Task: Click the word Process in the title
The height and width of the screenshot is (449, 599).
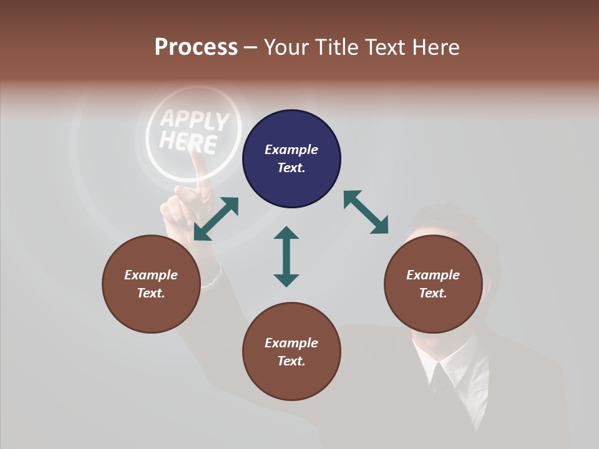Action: click(196, 47)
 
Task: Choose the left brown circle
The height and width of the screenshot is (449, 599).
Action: click(151, 284)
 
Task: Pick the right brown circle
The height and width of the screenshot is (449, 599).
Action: click(433, 284)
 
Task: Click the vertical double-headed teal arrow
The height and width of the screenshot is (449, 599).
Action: click(286, 256)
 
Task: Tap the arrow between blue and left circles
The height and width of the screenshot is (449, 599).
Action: click(216, 219)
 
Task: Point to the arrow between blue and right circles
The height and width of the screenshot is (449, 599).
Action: click(366, 213)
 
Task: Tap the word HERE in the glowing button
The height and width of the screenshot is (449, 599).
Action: click(188, 143)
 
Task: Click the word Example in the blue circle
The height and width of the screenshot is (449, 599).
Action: click(291, 150)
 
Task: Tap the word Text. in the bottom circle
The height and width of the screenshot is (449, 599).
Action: click(291, 361)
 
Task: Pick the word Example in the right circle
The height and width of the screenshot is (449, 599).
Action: click(433, 275)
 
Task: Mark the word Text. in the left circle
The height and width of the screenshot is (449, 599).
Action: click(151, 293)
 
